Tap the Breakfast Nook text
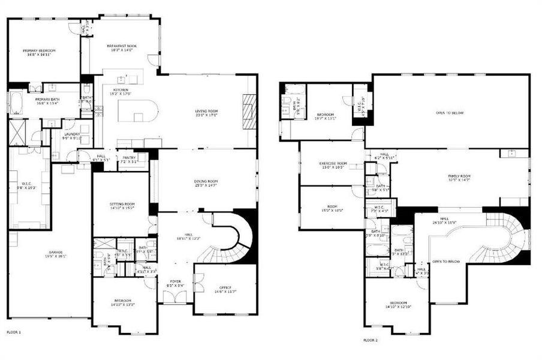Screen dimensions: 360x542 [x=122, y=48]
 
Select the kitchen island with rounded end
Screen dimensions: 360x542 [x=137, y=111]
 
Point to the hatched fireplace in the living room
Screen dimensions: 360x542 [x=250, y=112]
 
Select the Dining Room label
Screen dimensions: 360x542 [x=206, y=182]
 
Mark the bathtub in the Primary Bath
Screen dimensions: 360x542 [x=15, y=104]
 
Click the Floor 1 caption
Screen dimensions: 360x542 [x=13, y=332]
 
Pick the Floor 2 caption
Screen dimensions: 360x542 [x=371, y=340]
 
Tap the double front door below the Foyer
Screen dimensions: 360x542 [x=175, y=296]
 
